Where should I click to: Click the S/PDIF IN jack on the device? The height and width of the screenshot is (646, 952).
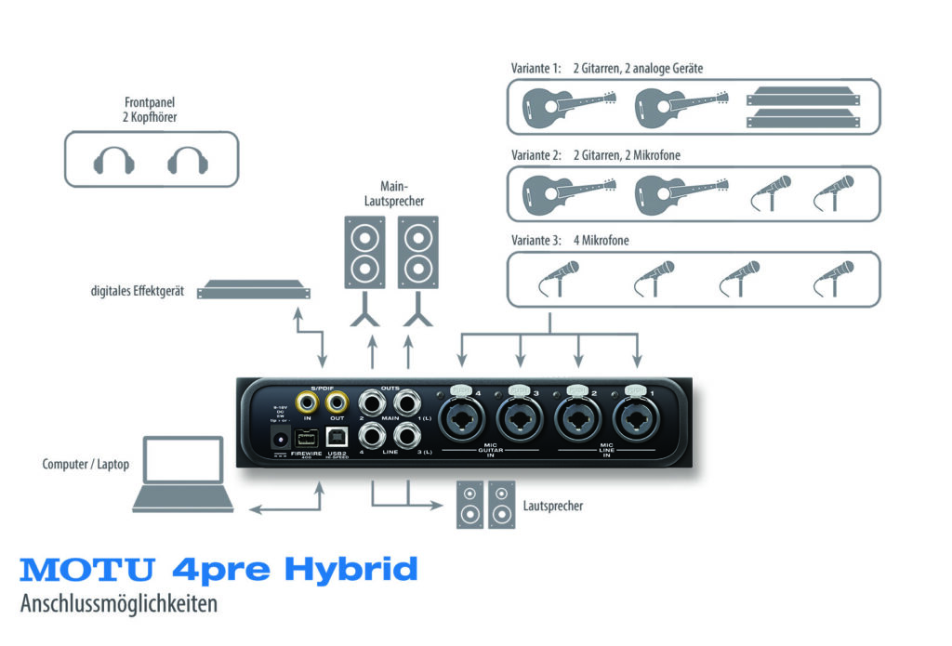tap(306, 402)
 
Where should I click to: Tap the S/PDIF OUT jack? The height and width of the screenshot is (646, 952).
tap(337, 402)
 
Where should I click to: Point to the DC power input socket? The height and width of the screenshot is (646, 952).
tap(276, 439)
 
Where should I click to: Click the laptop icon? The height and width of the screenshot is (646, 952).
tap(182, 475)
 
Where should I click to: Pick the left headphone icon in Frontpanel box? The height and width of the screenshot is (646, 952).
tap(114, 161)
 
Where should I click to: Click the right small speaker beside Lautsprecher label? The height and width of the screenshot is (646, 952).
tap(501, 504)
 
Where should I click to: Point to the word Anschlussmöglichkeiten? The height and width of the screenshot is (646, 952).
tap(118, 603)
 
